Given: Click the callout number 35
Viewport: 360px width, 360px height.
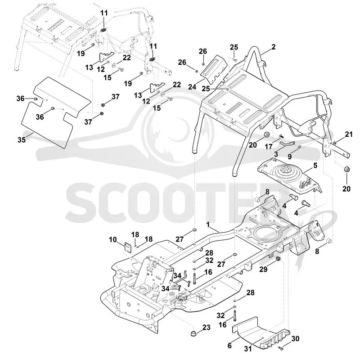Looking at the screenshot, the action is tap(22, 139).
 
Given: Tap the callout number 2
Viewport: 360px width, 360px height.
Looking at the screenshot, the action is tap(273, 47).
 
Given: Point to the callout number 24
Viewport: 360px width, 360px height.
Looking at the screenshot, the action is tap(193, 87).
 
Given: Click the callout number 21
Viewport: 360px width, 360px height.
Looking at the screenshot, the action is tap(349, 134).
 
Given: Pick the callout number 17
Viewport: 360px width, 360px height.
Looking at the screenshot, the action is tap(269, 146).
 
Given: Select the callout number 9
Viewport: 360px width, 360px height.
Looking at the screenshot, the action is tap(290, 156).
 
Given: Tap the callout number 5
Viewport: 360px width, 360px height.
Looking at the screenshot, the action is tap(315, 165).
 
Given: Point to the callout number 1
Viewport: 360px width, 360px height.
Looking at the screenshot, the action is tap(208, 224).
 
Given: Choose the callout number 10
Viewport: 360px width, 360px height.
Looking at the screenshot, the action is tap(113, 240).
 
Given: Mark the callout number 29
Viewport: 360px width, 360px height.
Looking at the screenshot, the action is tap(263, 269).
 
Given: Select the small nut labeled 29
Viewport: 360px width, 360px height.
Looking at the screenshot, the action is tap(278, 259).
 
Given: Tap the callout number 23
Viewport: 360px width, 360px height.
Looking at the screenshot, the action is tap(206, 327).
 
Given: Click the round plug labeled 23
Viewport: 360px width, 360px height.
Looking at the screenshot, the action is tap(194, 333).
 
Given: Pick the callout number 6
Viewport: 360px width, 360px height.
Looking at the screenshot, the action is tap(229, 346).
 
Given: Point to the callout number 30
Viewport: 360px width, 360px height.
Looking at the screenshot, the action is tap(295, 338).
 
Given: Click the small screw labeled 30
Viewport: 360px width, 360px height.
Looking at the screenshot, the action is tap(280, 348).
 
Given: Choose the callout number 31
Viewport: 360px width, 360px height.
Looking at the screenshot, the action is tap(248, 349).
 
